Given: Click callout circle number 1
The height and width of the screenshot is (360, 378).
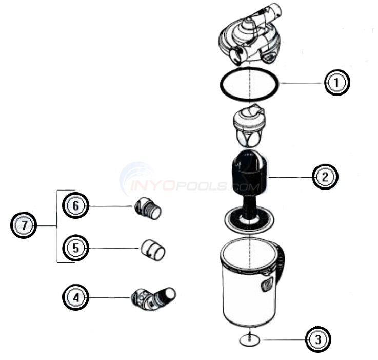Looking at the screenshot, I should pos(336,82).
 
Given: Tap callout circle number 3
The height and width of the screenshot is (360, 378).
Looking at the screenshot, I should pos(318,339).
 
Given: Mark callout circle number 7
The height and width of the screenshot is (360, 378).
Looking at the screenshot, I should pos(24,226).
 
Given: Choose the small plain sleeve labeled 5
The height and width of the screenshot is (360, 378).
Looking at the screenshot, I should pos(152,250).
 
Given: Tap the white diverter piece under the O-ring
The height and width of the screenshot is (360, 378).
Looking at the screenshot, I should pos(248,126).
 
